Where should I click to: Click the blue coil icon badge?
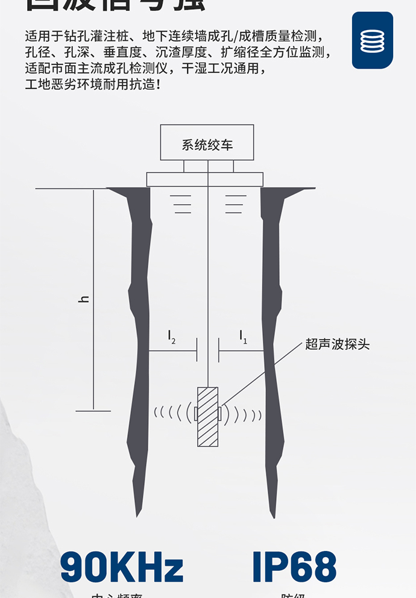coord(372,40)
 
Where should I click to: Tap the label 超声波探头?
coord(337,344)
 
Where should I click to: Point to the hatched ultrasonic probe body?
coord(207,416)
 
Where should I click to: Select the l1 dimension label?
coord(242,337)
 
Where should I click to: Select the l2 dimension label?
coord(171,337)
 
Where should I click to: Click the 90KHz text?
coord(121,567)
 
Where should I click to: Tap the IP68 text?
coord(294,567)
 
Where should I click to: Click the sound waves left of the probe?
coord(172,413)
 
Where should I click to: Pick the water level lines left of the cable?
coord(181,204)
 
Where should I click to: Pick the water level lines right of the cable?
coord(235,204)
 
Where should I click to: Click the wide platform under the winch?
coord(205,179)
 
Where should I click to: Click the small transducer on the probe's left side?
coord(195,414)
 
